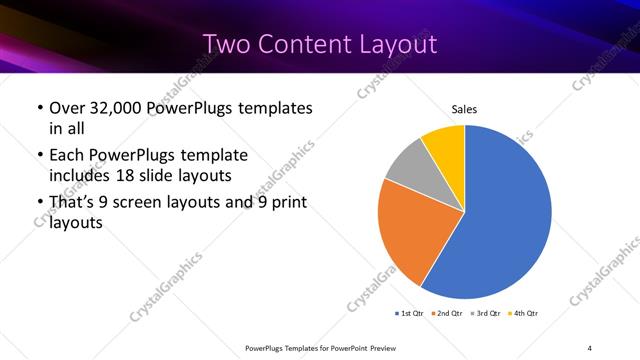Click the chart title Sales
(x=464, y=108)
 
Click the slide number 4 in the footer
(x=589, y=347)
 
